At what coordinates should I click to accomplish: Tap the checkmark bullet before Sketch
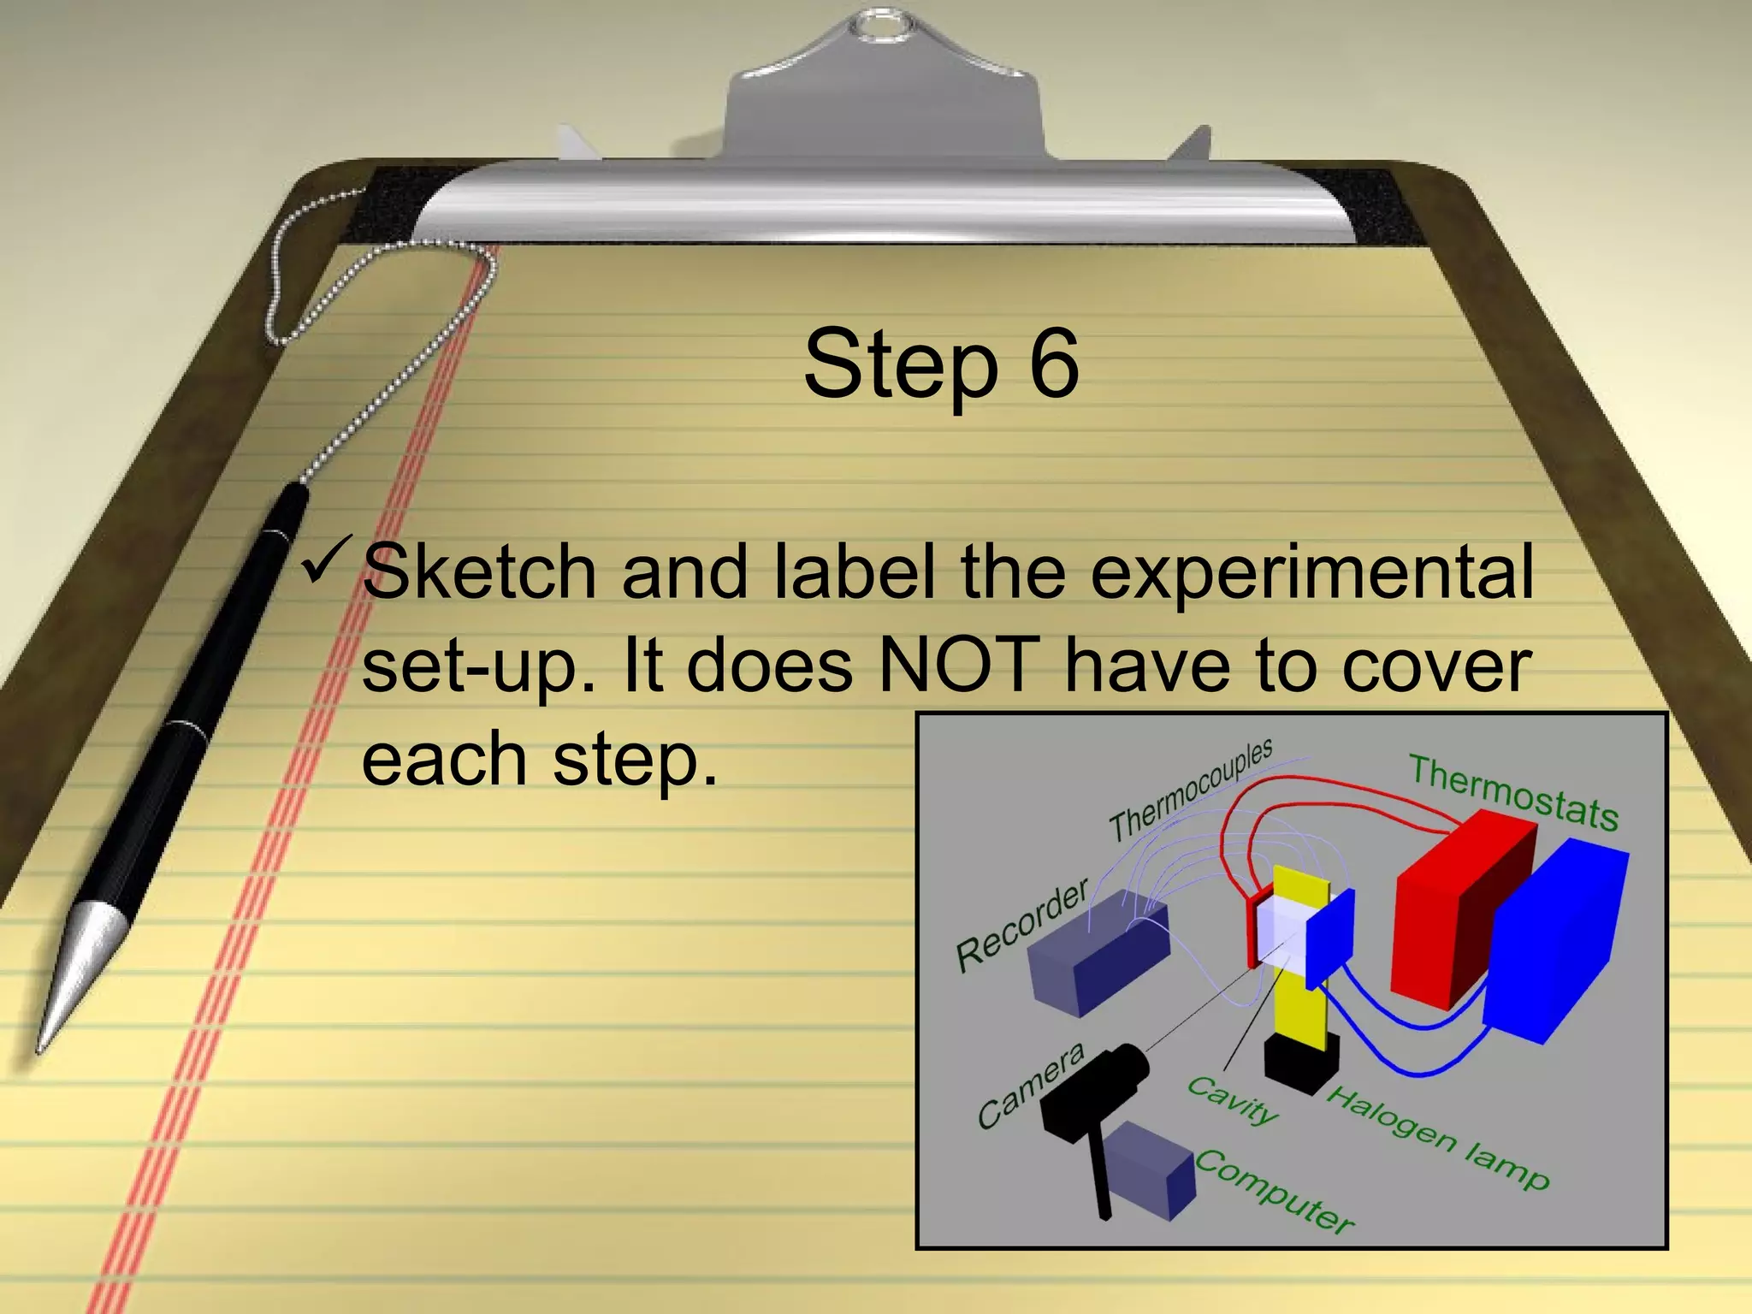[328, 560]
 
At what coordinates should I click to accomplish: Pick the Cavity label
[1233, 1100]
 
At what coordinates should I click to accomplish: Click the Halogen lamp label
[1437, 1138]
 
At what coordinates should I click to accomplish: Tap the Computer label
[1274, 1190]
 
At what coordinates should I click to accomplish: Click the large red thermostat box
[1454, 907]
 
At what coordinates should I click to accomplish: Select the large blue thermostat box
[1557, 941]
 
